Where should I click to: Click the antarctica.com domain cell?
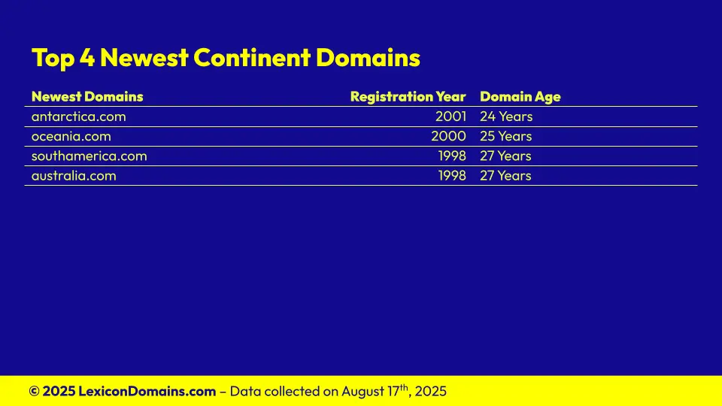point(79,117)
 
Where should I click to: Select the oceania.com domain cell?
point(71,136)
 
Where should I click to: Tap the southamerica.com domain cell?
point(89,156)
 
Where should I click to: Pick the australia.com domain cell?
point(74,176)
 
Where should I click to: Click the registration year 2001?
point(450,117)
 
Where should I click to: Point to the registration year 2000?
point(448,136)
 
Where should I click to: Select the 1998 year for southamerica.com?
point(452,156)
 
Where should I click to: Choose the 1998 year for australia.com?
point(452,176)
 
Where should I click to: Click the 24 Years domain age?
point(506,117)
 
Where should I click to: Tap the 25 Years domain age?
point(505,136)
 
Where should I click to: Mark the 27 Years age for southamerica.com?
point(505,156)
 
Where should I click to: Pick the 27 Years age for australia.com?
point(505,176)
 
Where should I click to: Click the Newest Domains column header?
point(87,97)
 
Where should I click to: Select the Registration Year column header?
point(408,97)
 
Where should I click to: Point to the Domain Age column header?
point(520,97)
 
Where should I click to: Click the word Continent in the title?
point(253,58)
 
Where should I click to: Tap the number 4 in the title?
point(87,58)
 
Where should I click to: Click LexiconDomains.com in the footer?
point(147,391)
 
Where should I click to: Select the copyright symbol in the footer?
point(34,391)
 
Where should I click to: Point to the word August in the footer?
point(363,392)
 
